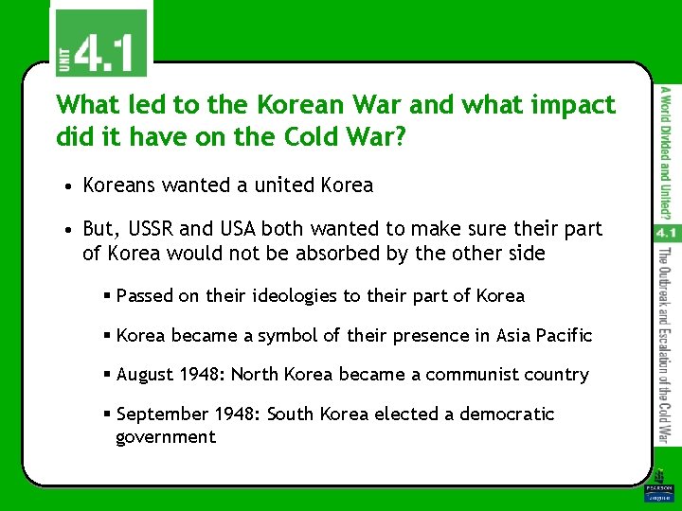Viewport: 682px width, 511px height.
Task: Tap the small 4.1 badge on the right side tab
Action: pos(664,233)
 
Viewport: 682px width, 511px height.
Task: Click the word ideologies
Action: pos(294,296)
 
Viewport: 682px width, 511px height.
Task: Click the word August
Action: pos(147,375)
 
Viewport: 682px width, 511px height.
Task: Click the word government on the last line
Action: pos(166,437)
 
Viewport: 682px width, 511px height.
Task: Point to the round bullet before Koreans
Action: pos(71,186)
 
